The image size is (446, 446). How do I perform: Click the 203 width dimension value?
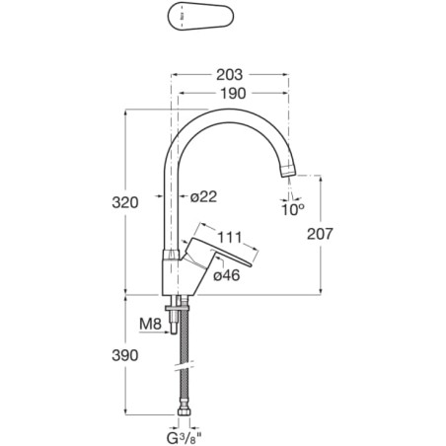(x=229, y=75)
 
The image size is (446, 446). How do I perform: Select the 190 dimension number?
(x=233, y=94)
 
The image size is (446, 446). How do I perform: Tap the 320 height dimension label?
(x=125, y=202)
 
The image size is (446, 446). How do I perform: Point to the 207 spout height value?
(x=320, y=234)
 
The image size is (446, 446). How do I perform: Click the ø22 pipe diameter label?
(x=204, y=196)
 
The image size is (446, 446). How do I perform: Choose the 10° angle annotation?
(x=293, y=209)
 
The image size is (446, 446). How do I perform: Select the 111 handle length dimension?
(x=230, y=237)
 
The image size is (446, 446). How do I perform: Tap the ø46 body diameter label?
(x=227, y=275)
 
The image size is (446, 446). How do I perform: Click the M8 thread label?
(x=150, y=324)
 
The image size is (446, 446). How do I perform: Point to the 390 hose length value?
(x=125, y=355)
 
